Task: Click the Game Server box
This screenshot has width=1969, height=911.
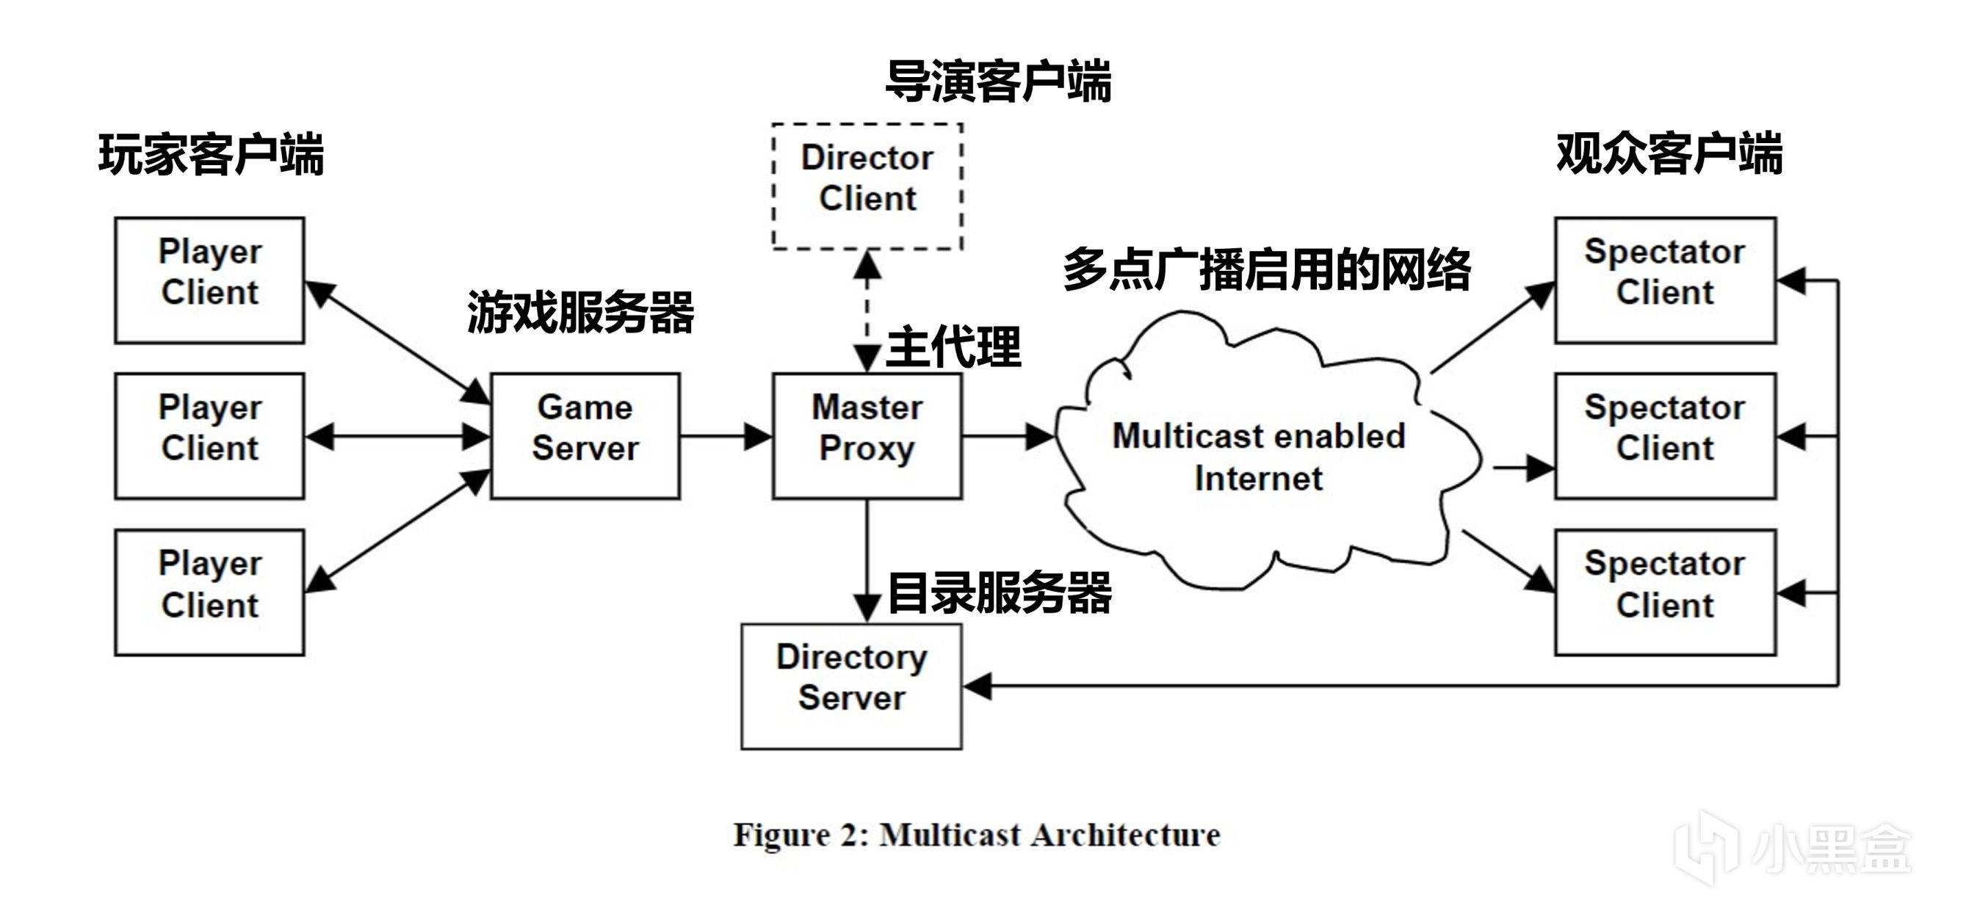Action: [x=585, y=435]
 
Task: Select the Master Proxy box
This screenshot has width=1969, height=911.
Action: [x=867, y=435]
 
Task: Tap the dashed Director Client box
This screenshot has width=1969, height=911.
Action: [x=867, y=186]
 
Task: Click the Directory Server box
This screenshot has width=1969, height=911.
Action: [x=850, y=686]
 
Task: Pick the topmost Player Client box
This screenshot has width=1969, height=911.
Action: [x=209, y=280]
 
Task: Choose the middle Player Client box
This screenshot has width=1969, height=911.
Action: [x=209, y=435]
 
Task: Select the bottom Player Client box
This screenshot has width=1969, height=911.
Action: [x=209, y=592]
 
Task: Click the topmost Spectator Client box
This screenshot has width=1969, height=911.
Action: [x=1665, y=280]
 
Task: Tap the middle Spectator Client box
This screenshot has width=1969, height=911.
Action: [x=1665, y=435]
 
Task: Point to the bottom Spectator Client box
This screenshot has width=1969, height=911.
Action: [x=1665, y=592]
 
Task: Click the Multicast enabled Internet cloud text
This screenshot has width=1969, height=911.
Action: [x=1258, y=457]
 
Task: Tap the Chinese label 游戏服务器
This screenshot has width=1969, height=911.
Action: [x=580, y=313]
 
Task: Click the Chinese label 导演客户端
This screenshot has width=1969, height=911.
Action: [x=997, y=81]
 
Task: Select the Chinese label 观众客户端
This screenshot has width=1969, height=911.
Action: [x=1669, y=153]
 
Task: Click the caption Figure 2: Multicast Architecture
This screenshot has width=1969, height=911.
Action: [x=976, y=835]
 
